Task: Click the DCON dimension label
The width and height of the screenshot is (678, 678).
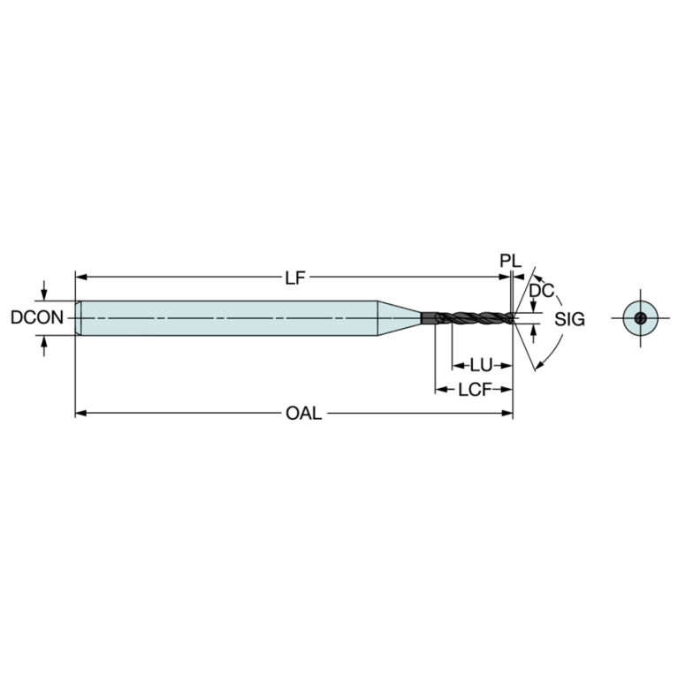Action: pyautogui.click(x=37, y=318)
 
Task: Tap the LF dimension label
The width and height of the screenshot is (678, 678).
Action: pyautogui.click(x=295, y=278)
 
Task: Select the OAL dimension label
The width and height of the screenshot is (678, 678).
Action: pyautogui.click(x=304, y=414)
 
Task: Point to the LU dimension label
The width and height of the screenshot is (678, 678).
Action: pyautogui.click(x=481, y=366)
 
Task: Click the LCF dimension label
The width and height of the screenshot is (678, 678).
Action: pyautogui.click(x=475, y=390)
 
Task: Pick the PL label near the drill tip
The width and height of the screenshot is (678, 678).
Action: pyautogui.click(x=511, y=261)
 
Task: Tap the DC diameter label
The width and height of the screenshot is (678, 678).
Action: pyautogui.click(x=541, y=291)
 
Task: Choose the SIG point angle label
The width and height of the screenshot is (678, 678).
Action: pyautogui.click(x=569, y=319)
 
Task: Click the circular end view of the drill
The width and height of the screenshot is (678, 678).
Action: pyautogui.click(x=640, y=318)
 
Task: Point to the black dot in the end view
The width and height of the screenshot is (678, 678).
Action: pyautogui.click(x=640, y=318)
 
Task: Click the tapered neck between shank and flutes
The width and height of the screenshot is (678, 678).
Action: pyautogui.click(x=400, y=318)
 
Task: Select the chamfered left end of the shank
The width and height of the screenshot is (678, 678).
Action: pyautogui.click(x=79, y=318)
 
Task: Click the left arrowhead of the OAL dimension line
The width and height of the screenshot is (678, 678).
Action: pyautogui.click(x=80, y=414)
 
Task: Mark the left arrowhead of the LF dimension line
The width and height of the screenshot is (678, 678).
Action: pyautogui.click(x=80, y=277)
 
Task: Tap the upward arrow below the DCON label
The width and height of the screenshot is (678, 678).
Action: pyautogui.click(x=43, y=346)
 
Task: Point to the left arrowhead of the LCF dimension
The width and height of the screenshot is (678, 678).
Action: pyautogui.click(x=441, y=390)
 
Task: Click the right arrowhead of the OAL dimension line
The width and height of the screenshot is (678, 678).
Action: pyautogui.click(x=507, y=414)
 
